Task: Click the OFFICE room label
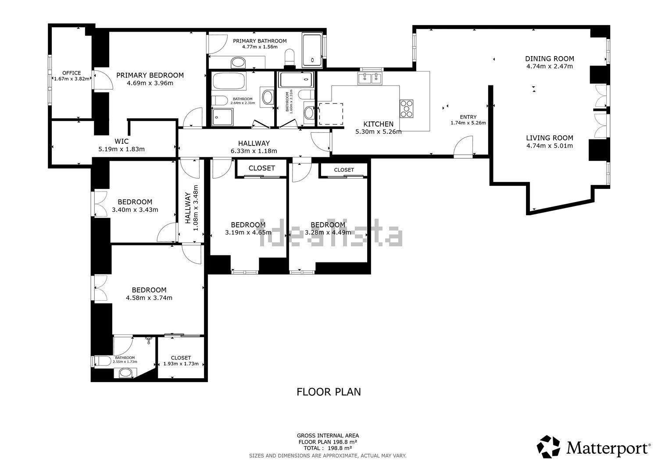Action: [x=72, y=73]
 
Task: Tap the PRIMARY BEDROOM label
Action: [x=150, y=75]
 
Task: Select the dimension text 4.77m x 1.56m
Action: [x=260, y=47]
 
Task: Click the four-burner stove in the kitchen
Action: [x=407, y=109]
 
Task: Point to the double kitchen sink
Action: [x=370, y=78]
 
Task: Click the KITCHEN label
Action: [x=378, y=124]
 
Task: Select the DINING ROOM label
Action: [x=549, y=59]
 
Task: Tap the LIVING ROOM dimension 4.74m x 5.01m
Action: [x=549, y=146]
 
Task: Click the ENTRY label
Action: [x=468, y=117]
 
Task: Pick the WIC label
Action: [x=122, y=141]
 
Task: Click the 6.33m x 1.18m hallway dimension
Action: [x=254, y=151]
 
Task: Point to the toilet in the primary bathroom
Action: [x=290, y=57]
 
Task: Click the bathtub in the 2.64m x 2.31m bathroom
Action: [x=229, y=81]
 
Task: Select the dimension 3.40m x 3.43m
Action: [x=135, y=209]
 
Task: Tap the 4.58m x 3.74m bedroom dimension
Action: [x=149, y=298]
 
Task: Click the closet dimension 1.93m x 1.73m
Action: [x=181, y=364]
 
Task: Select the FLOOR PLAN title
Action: [x=329, y=392]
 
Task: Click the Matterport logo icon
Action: [x=548, y=447]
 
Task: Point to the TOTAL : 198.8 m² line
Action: [x=328, y=448]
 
